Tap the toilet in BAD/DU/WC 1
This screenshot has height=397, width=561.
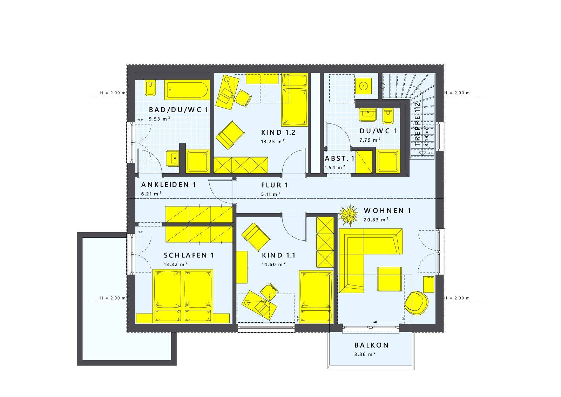[x=150, y=88]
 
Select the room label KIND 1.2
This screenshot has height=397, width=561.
[x=278, y=133]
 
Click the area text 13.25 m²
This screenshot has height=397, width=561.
[x=273, y=142]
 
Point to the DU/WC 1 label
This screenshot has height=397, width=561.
[x=378, y=131]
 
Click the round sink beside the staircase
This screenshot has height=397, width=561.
[x=363, y=86]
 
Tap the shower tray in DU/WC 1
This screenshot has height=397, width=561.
[x=388, y=161]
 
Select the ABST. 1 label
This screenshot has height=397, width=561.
[x=340, y=159]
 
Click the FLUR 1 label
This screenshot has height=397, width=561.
[x=275, y=185]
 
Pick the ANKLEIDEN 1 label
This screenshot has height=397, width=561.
[x=169, y=184]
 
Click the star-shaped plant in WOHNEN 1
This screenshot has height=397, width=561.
[x=349, y=215]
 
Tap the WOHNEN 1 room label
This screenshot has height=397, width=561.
[x=387, y=211]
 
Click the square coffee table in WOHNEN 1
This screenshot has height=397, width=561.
[x=390, y=279]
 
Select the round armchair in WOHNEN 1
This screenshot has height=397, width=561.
[x=416, y=303]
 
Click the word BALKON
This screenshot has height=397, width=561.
[x=372, y=345]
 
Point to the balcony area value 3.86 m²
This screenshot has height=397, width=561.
[x=365, y=355]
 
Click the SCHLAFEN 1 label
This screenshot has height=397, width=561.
[x=189, y=255]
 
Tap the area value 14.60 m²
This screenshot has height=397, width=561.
[x=274, y=264]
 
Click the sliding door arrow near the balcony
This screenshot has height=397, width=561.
[x=385, y=322]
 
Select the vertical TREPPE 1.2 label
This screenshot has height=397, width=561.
[x=417, y=124]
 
